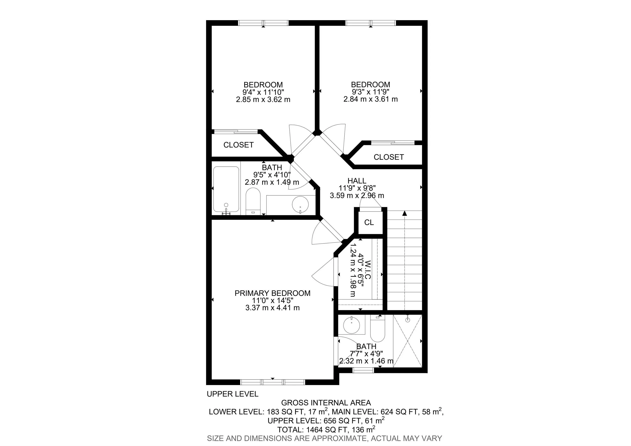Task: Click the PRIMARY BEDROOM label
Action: [x=272, y=293]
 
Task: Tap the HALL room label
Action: [x=357, y=181]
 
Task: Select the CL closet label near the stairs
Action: [x=369, y=222]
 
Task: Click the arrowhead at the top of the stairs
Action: [x=405, y=213]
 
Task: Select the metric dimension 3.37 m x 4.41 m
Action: [x=272, y=308]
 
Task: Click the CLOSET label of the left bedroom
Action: [x=238, y=145]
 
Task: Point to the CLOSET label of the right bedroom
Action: [x=389, y=157]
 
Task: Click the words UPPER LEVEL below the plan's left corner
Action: [x=233, y=394]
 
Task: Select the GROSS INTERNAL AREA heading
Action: [x=326, y=403]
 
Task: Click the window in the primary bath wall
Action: [x=363, y=370]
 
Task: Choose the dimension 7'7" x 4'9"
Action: [x=366, y=354]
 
